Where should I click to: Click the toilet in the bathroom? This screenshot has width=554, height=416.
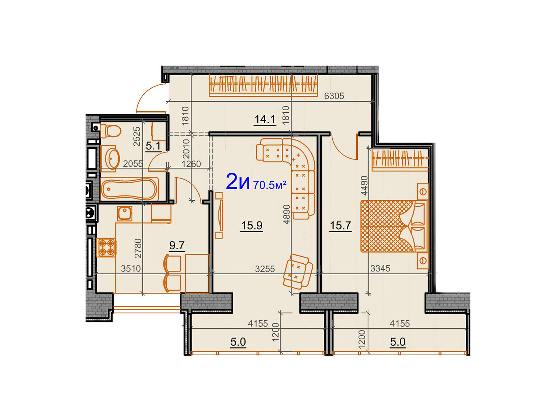(110, 131)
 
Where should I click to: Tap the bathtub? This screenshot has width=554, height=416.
(129, 189)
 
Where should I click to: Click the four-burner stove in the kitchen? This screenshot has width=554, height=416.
(106, 247)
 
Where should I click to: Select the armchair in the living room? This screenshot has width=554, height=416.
(298, 271)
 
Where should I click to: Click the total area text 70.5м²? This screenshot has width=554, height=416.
(270, 185)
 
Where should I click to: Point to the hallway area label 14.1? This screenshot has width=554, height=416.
(265, 119)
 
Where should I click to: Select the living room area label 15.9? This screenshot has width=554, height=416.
(252, 225)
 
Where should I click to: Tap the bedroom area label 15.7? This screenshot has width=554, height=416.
(340, 225)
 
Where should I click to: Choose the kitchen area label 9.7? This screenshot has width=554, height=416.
(177, 245)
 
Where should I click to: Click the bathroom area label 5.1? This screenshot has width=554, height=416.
(153, 146)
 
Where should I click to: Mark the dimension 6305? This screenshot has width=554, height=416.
(334, 96)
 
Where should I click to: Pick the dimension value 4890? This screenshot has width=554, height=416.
(286, 214)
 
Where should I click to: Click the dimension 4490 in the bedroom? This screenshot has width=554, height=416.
(365, 186)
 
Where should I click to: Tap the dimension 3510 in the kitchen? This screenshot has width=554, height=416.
(131, 268)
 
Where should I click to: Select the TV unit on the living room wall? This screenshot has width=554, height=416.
(219, 215)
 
